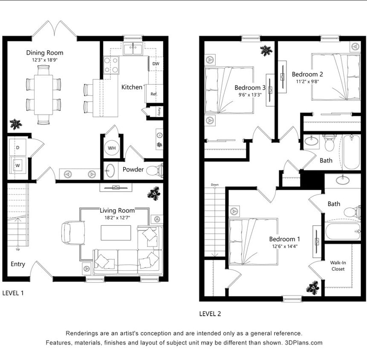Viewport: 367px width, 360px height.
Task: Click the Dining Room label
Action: coord(45,53)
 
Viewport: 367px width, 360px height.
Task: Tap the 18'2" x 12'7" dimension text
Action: coord(117,218)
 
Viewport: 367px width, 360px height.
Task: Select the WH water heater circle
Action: coord(112,148)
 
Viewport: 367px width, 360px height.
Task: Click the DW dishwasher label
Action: coord(156,64)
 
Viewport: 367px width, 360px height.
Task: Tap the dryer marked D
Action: coord(18,148)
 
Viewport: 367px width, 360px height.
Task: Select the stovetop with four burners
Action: coord(111,65)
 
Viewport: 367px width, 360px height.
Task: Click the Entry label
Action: coord(18,264)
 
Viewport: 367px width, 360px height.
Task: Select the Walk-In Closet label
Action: coord(338,266)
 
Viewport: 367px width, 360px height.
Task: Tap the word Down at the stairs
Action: coord(214,185)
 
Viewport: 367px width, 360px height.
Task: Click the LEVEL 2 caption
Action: coord(210,314)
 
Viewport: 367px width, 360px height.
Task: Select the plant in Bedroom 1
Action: coord(313,287)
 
